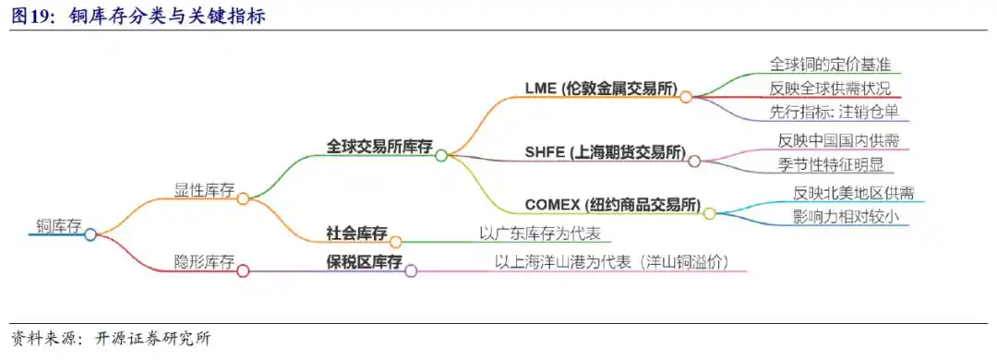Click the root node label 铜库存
tap(59, 225)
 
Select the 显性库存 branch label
tap(204, 190)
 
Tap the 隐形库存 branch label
tap(204, 262)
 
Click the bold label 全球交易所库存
tap(379, 147)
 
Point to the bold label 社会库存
tap(356, 233)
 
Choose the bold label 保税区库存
tap(364, 262)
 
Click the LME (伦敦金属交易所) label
tap(601, 90)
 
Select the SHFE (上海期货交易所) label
tap(605, 152)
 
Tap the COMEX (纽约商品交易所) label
tap(612, 205)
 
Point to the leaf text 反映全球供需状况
tap(831, 90)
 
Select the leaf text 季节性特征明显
tap(831, 165)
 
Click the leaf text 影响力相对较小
tap(846, 218)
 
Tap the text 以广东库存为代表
tap(540, 234)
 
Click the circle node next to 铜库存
tap(90, 234)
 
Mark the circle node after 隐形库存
tap(243, 270)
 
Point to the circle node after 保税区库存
tap(411, 270)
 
